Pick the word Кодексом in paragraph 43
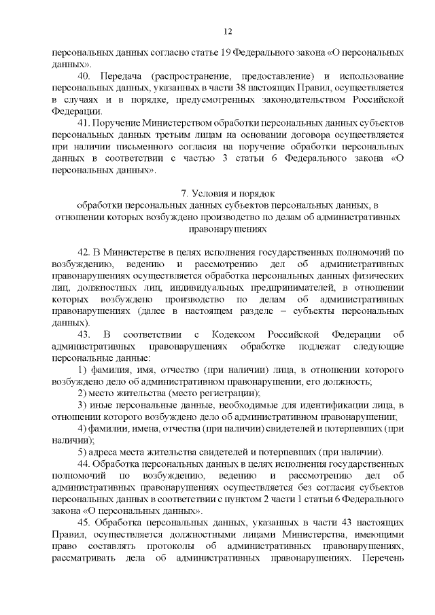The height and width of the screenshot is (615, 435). point(236,334)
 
